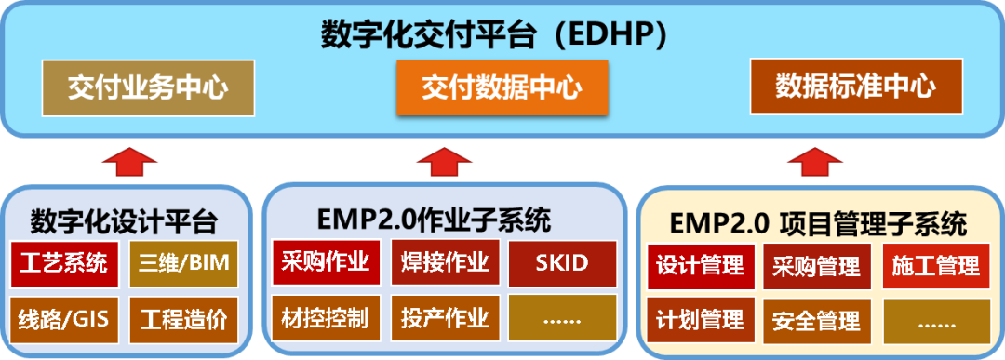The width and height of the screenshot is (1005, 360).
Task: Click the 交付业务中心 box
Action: [148, 87]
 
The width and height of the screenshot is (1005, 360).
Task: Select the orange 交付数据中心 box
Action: [502, 87]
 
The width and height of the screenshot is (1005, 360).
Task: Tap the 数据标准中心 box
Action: [855, 87]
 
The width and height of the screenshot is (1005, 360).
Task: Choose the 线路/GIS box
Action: [64, 319]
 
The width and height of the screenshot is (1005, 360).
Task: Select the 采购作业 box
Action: [326, 262]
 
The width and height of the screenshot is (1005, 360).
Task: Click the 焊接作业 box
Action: [445, 262]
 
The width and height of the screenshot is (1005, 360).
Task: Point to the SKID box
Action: [562, 262]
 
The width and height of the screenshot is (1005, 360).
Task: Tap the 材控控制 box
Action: [326, 318]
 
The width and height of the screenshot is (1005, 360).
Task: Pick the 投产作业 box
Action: [445, 318]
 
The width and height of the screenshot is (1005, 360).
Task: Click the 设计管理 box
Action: [700, 266]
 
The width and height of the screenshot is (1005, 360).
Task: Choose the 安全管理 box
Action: [816, 322]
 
